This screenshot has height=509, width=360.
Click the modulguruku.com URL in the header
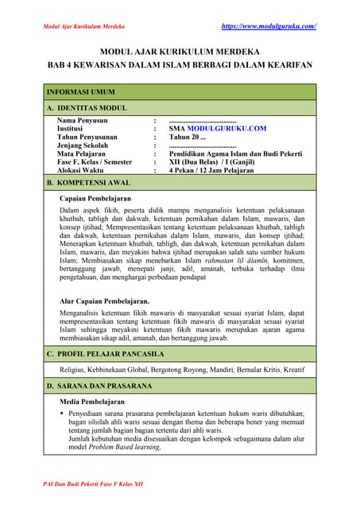[x=269, y=26]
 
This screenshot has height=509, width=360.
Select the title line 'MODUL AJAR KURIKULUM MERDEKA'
[x=180, y=52]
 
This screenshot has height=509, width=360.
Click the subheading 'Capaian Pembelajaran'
[x=95, y=198]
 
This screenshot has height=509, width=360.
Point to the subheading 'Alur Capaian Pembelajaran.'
[x=105, y=301]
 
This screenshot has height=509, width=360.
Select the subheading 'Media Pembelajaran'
[x=94, y=401]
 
